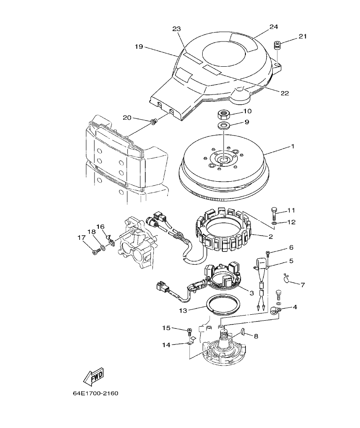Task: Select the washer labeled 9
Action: click(x=222, y=125)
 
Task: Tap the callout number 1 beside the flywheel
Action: click(x=293, y=146)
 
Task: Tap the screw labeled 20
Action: click(x=153, y=123)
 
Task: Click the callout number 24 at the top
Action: click(x=274, y=27)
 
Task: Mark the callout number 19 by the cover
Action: click(x=139, y=47)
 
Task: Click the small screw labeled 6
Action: click(x=268, y=253)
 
